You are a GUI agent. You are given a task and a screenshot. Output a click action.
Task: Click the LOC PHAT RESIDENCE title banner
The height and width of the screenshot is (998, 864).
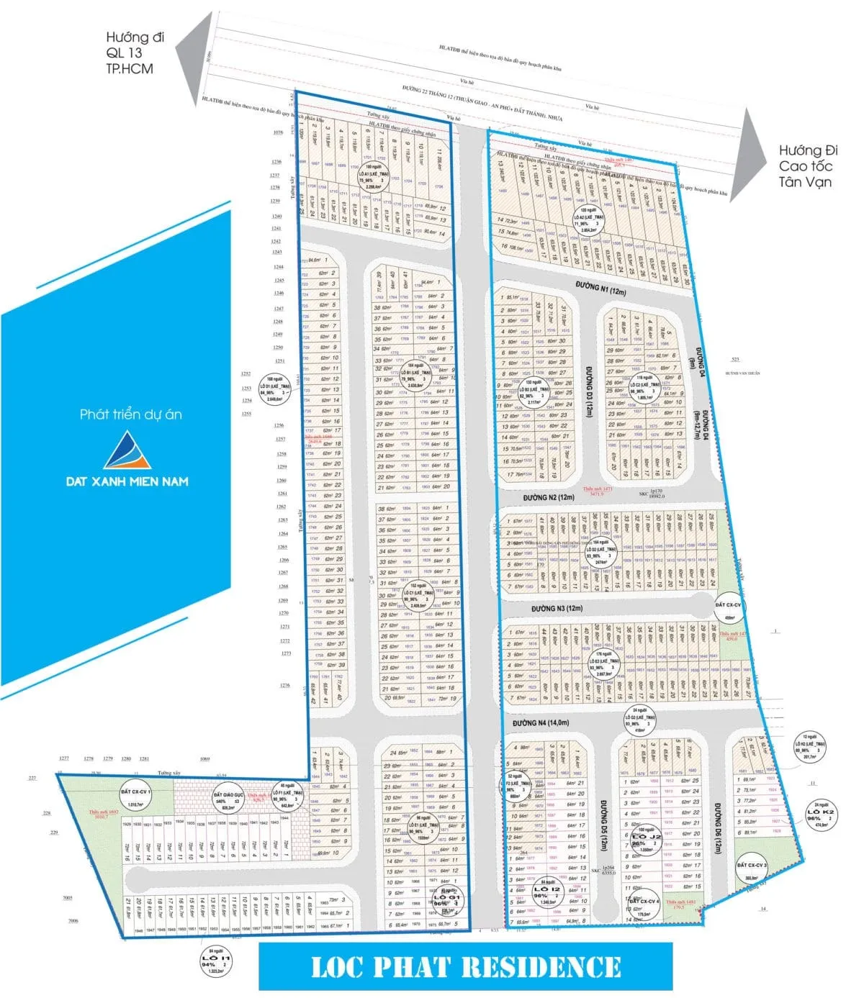click(x=465, y=966)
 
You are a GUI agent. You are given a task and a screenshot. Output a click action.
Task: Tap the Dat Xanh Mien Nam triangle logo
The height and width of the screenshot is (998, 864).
click(x=127, y=450)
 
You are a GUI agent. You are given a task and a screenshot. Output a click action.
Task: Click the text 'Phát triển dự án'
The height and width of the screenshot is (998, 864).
click(x=130, y=414)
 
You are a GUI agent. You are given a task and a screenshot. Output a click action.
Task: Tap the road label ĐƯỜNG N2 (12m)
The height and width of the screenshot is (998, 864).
click(x=549, y=497)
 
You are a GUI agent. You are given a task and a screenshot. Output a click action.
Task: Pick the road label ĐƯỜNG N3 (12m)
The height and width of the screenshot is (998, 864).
click(x=557, y=609)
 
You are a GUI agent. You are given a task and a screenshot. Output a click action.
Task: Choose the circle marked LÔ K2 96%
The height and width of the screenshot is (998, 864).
click(x=822, y=817)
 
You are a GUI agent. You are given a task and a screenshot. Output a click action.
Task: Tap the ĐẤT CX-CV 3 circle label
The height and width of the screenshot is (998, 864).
click(x=752, y=870)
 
